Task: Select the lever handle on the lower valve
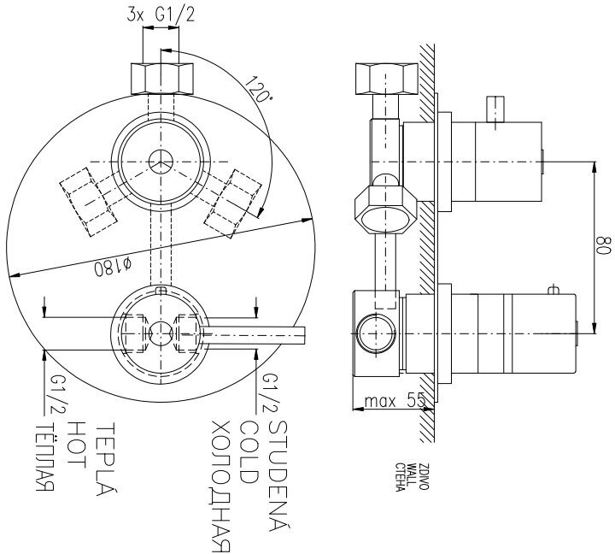coord(256,333)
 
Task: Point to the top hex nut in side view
coord(385,79)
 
